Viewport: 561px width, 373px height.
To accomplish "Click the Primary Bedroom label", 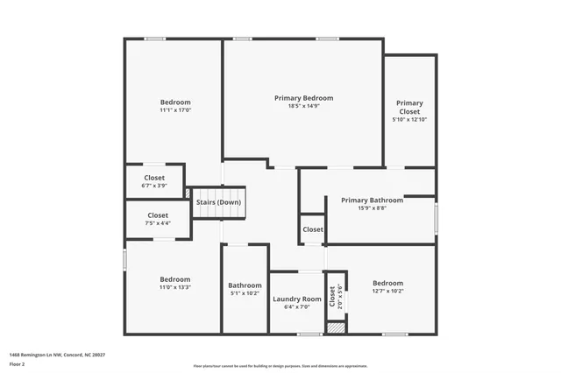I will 303,98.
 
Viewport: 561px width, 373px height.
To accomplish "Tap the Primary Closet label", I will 409,107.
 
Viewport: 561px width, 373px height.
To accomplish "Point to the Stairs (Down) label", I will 218,202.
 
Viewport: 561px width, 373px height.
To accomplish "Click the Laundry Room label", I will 297,299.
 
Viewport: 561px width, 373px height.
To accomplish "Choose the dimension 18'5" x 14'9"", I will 303,107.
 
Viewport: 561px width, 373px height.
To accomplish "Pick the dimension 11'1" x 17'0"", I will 175,110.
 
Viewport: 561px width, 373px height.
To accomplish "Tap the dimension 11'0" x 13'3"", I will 174,287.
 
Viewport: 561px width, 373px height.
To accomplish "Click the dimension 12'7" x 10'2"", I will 387,292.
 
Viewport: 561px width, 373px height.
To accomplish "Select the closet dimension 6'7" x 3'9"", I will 154,186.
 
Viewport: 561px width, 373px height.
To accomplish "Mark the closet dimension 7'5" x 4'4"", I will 158,223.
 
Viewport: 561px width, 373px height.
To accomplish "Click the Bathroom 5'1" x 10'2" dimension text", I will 245,294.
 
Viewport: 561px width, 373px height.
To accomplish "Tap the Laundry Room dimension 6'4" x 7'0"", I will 297,307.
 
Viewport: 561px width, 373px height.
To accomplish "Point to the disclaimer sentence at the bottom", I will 280,366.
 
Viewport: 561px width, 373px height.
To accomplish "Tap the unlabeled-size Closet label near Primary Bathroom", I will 313,229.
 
